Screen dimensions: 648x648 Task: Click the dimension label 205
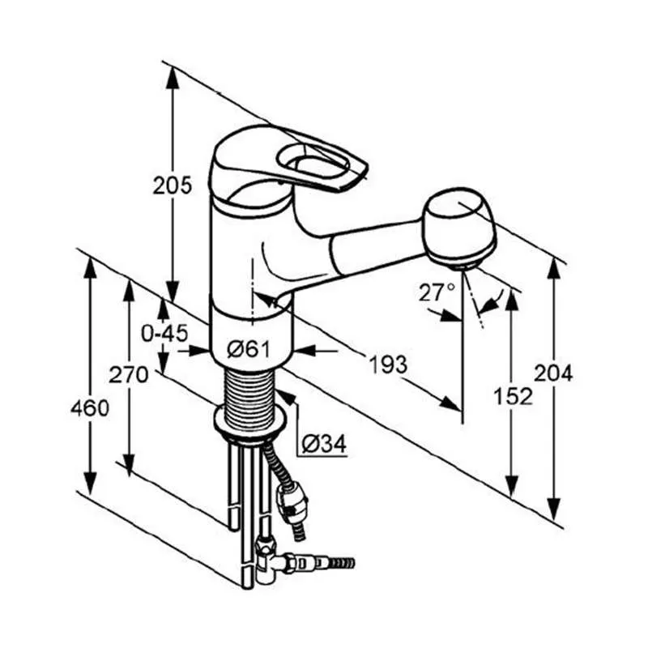(x=173, y=185)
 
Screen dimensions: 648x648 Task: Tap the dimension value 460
(x=90, y=408)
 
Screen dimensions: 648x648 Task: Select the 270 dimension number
(x=128, y=375)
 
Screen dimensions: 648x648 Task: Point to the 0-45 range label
(x=164, y=333)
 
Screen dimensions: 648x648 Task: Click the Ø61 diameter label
(x=249, y=350)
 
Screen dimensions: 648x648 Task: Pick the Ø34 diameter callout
(x=324, y=444)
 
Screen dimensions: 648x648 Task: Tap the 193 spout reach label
(x=388, y=364)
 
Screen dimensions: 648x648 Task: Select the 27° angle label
(x=437, y=292)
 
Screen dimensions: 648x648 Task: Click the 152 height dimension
(x=514, y=397)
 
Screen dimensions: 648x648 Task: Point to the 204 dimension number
(x=553, y=373)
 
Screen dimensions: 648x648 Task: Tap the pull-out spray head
(x=459, y=228)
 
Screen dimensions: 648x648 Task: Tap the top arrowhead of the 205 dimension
(x=173, y=77)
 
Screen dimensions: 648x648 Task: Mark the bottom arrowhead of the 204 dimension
(x=554, y=509)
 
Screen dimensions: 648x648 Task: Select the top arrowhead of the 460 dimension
(x=90, y=267)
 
